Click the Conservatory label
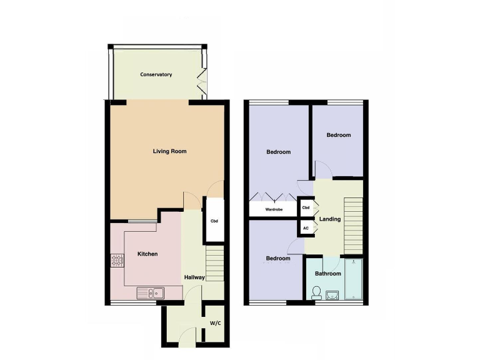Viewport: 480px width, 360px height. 156,75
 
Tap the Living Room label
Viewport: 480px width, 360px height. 170,151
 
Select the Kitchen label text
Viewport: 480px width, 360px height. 147,254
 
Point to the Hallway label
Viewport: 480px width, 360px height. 194,277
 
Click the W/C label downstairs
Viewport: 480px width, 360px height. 215,323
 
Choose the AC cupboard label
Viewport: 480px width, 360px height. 306,228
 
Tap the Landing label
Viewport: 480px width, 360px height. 330,219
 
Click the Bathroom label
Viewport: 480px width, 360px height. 327,274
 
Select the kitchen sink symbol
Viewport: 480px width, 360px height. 151,292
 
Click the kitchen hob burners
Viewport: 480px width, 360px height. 117,260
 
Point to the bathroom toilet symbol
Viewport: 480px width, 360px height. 316,292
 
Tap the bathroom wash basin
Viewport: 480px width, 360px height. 332,294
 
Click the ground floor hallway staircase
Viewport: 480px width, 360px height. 214,264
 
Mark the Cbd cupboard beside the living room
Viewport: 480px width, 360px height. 214,221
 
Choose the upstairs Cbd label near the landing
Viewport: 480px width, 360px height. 306,207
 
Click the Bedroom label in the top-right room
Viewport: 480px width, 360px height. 338,135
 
